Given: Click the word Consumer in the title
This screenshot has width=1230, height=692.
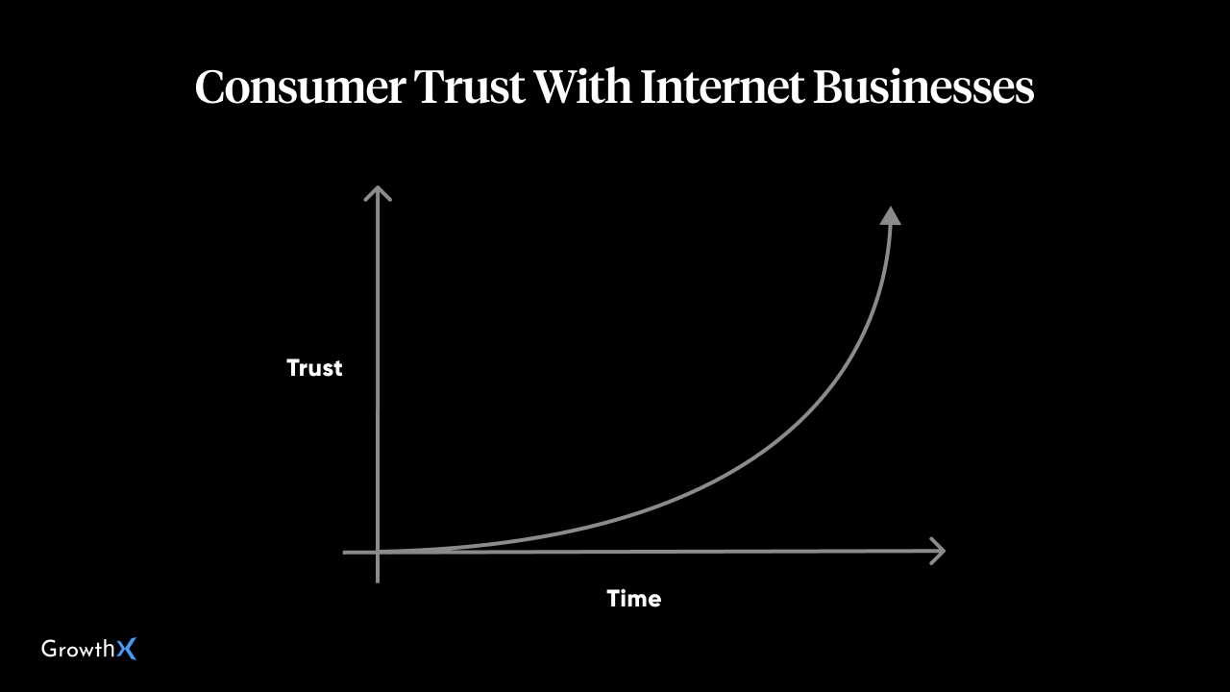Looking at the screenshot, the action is coord(301,86).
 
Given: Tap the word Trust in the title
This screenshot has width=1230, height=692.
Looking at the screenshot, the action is coord(469,86).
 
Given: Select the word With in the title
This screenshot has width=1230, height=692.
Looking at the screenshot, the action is coord(582,86).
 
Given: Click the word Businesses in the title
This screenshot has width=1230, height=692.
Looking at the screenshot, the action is coord(923,86).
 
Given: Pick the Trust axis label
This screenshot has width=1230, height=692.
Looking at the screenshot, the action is coord(314,368).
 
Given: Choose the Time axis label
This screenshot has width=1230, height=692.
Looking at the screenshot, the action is coord(633,599).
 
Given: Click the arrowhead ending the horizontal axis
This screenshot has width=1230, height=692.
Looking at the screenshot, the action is coord(938,551).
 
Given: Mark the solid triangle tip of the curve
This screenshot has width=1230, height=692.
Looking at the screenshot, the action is coord(890,216).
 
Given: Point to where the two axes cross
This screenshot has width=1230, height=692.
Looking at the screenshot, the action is coord(378,552).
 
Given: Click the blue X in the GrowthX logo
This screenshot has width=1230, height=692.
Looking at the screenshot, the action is coord(126,649).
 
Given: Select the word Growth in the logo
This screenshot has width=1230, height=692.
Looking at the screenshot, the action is coord(78,649).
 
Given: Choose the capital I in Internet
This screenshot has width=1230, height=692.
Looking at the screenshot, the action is coord(651,86).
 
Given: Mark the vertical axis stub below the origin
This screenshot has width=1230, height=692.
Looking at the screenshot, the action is coord(378,568).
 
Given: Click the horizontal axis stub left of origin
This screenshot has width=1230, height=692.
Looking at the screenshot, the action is coord(359,553).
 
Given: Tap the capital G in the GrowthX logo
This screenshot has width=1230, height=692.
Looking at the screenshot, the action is coord(50,649).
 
